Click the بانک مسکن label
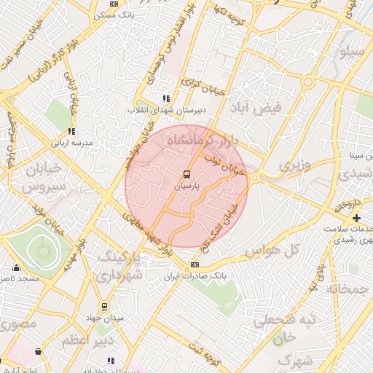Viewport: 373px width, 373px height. click(115, 15)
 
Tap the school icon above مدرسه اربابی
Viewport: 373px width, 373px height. click(71, 132)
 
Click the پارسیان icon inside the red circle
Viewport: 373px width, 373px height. click(186, 175)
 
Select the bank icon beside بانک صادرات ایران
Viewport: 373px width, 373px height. click(195, 264)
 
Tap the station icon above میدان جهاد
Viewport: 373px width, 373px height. click(105, 307)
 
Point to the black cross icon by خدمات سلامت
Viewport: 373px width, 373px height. click(356, 219)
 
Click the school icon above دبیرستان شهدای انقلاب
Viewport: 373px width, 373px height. click(166, 98)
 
